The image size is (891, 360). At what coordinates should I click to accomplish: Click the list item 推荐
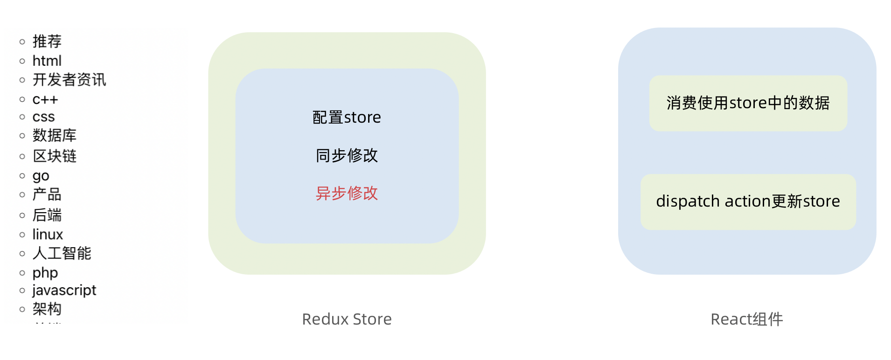47,42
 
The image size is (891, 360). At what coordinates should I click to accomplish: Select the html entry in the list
47,61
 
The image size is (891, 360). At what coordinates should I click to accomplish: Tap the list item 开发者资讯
69,80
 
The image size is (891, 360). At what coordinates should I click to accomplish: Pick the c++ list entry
45,99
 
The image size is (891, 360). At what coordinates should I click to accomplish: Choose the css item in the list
43,117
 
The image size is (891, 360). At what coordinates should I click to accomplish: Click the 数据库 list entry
54,136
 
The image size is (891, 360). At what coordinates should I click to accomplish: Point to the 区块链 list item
54,156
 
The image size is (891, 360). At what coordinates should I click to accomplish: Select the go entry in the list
41,176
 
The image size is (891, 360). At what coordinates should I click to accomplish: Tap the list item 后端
47,215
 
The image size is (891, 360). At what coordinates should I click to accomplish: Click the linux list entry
48,234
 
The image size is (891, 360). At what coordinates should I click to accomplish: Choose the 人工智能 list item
62,253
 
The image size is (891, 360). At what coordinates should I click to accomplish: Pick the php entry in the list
45,272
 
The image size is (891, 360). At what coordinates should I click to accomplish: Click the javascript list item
64,290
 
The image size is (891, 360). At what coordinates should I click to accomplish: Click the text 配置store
347,118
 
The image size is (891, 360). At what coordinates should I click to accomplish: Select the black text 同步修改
347,155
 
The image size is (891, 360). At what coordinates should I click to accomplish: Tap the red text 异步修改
347,193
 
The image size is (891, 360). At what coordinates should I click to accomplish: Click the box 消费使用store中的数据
748,103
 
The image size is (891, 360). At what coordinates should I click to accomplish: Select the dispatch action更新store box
748,201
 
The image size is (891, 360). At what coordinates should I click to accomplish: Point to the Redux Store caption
347,319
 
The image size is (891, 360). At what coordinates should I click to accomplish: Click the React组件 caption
746,319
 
